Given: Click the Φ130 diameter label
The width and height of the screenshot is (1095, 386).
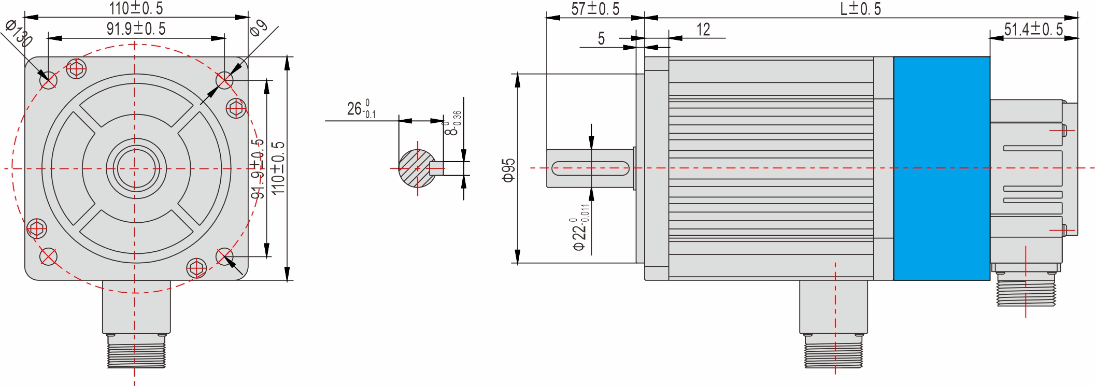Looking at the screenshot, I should (19, 33).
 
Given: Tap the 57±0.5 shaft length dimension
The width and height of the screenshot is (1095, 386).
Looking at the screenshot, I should (595, 9).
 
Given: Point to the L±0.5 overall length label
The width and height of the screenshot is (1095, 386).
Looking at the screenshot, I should (860, 9).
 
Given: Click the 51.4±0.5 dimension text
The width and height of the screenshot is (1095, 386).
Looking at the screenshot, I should (1033, 29).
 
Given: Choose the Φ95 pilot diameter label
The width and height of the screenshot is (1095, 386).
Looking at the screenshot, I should (509, 170).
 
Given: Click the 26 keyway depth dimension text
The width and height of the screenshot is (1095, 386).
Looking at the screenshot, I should (361, 109).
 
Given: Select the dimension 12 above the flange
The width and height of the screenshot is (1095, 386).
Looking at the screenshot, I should (703, 30).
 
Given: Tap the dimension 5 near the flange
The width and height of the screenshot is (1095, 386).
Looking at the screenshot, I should (601, 38).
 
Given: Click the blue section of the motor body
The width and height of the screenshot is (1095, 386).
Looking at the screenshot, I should (942, 168).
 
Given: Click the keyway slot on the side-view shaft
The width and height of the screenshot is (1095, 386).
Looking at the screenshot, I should (590, 168).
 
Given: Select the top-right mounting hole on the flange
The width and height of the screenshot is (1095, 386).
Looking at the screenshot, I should (224, 80).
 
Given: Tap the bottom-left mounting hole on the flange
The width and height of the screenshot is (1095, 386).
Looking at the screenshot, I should (48, 256).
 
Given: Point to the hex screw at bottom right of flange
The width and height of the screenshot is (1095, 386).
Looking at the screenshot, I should (196, 268).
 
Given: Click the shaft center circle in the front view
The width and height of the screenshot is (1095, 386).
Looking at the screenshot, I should (136, 168).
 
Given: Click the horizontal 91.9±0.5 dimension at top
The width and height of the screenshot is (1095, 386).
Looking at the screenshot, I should (136, 28).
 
